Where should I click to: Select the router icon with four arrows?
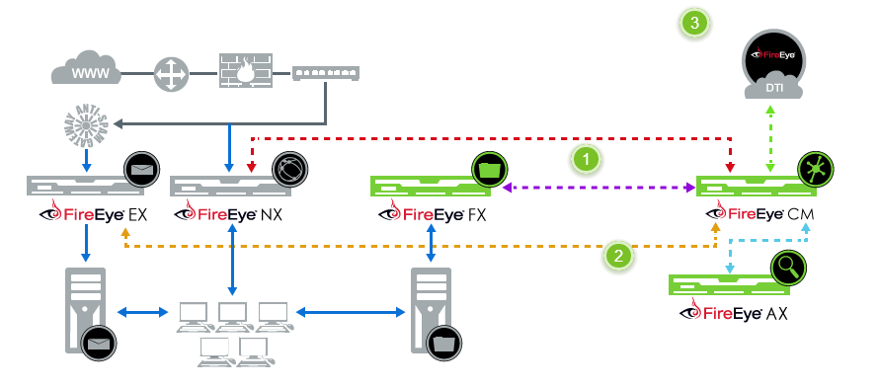tap(171, 72)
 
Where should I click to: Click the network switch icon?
tap(326, 72)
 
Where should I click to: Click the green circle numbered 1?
tap(587, 157)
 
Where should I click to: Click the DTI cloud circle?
tap(774, 65)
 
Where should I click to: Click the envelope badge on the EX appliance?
tap(139, 171)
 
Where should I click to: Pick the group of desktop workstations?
tap(233, 328)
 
